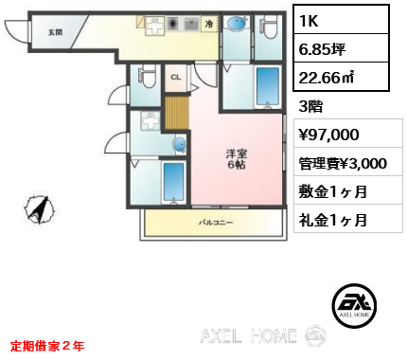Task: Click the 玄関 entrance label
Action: (x=56, y=31)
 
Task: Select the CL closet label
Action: (x=176, y=78)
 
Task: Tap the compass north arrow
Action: (x=39, y=208)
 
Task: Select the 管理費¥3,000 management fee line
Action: (x=342, y=162)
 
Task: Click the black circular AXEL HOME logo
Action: (x=357, y=304)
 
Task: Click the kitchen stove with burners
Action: (x=174, y=22)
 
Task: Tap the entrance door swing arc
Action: (x=17, y=33)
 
